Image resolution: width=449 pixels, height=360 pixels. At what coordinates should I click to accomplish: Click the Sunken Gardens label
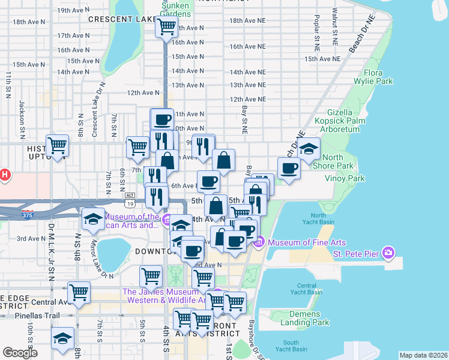(x=176, y=9)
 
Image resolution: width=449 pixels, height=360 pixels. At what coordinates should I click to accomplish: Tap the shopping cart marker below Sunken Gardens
(x=166, y=26)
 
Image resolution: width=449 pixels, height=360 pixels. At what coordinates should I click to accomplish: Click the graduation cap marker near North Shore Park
(x=309, y=148)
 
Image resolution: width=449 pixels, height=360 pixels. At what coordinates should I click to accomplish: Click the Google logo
(x=20, y=353)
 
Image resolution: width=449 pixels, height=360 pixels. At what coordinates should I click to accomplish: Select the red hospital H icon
(x=4, y=175)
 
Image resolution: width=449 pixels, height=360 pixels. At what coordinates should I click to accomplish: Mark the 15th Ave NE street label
(x=322, y=59)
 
